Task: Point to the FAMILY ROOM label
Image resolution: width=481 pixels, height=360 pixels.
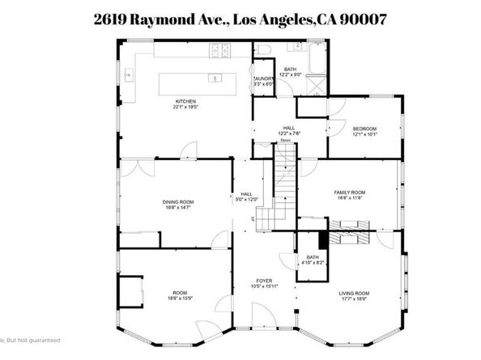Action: pos(350,192)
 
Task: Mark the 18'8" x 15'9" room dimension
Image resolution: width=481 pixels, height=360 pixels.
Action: pos(179,299)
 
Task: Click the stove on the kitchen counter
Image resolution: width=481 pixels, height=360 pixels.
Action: pos(219,53)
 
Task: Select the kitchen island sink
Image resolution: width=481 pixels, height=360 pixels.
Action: pos(215,79)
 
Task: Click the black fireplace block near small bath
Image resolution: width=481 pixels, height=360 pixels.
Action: pos(323,240)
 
